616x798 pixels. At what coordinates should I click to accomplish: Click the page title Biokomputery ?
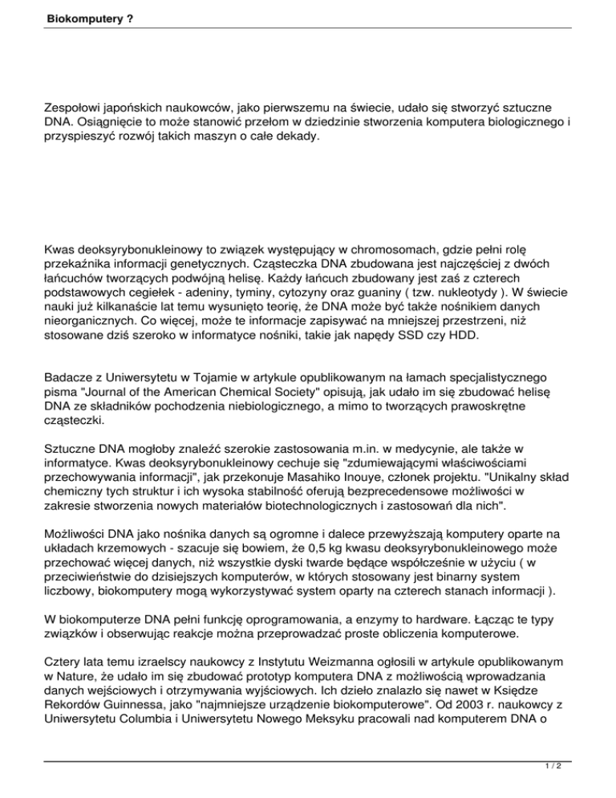[79, 16]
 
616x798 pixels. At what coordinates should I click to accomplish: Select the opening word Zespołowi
[79, 106]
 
